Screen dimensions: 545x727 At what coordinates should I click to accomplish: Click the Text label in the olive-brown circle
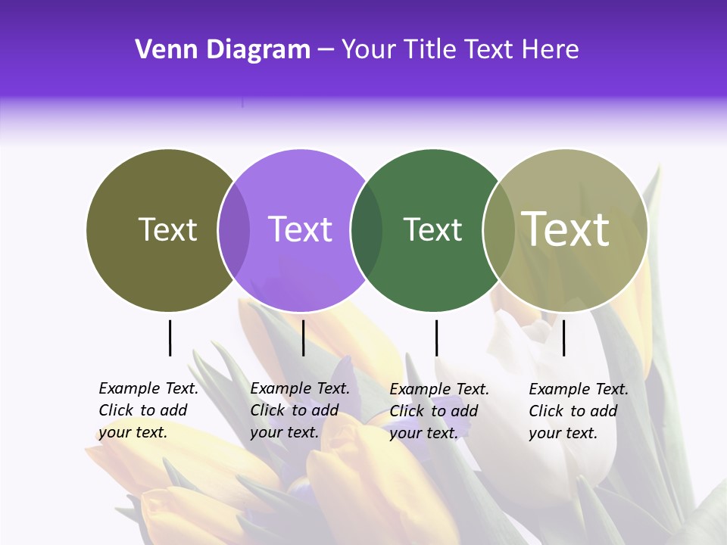tap(167, 229)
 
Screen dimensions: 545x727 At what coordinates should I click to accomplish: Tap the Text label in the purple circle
tap(301, 229)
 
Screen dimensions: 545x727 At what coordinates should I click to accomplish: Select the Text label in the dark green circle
tap(432, 229)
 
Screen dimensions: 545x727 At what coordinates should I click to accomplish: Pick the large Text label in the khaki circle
tap(566, 229)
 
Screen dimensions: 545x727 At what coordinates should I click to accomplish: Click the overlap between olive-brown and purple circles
tap(234, 230)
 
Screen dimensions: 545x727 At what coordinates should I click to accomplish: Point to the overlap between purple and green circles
tap(367, 230)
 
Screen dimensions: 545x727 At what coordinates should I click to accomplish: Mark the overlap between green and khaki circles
tap(498, 230)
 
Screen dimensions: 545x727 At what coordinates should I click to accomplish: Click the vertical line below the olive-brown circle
tap(170, 338)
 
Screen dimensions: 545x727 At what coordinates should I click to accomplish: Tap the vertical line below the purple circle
tap(303, 338)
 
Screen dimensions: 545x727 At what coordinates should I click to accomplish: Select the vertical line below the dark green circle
tap(436, 338)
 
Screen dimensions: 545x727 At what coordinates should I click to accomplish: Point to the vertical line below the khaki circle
tap(563, 338)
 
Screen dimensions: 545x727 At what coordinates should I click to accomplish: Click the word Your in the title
tap(370, 50)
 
